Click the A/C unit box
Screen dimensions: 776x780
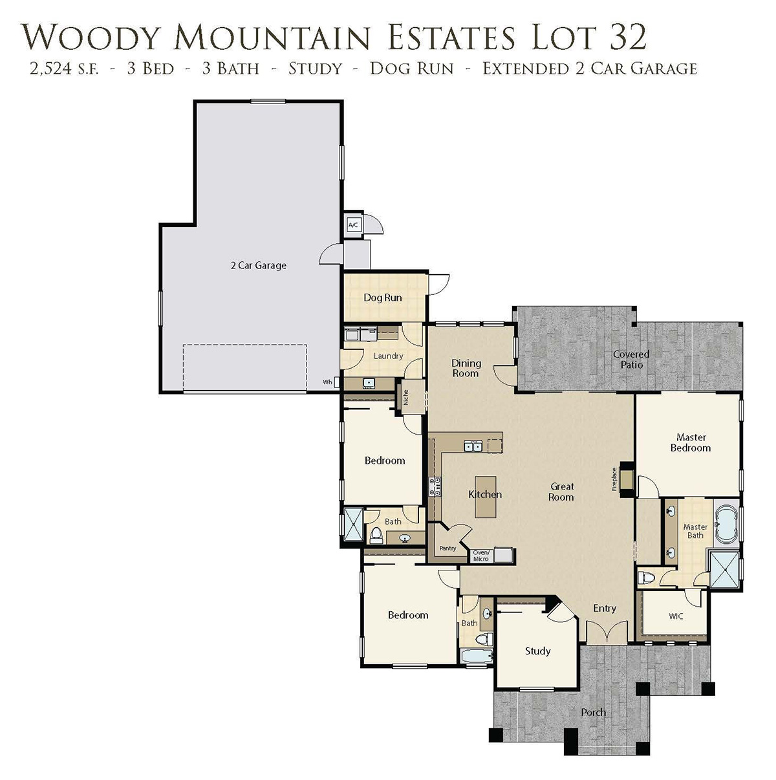click(x=353, y=225)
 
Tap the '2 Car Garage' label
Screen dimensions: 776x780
click(x=258, y=266)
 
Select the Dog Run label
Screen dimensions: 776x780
click(x=383, y=298)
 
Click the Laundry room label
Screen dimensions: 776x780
click(x=388, y=356)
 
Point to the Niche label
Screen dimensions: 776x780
click(x=405, y=397)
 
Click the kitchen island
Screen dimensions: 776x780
click(x=485, y=497)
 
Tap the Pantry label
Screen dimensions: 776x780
click(x=447, y=548)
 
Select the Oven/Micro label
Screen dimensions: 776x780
click(x=481, y=556)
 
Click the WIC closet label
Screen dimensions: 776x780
click(x=676, y=616)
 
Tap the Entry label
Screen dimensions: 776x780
click(x=605, y=608)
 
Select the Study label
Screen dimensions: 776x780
click(x=537, y=651)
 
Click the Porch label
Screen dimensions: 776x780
click(x=594, y=712)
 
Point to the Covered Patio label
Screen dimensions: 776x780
click(x=631, y=360)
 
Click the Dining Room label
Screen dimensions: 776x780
click(x=466, y=368)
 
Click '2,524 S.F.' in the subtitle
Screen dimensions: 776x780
click(x=63, y=69)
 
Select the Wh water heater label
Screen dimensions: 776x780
click(x=327, y=382)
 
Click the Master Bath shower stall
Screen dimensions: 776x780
click(x=725, y=569)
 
